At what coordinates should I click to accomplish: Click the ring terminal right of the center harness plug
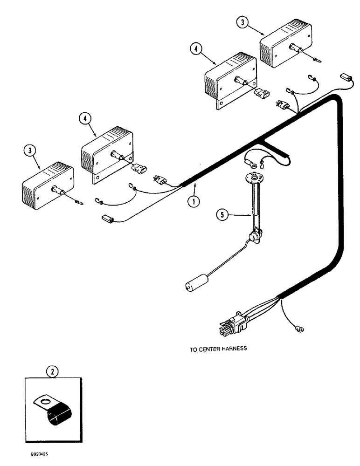tap(295, 330)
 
